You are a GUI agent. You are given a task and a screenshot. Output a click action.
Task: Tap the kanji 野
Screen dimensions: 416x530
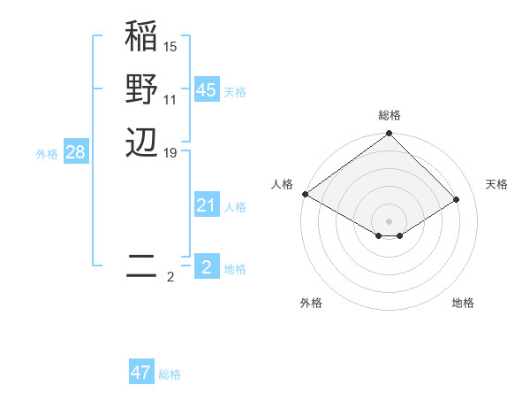coord(141,89)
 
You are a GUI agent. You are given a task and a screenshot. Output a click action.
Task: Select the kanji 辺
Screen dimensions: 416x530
coord(141,142)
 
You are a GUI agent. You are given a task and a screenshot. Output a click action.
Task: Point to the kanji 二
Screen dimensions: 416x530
coord(141,266)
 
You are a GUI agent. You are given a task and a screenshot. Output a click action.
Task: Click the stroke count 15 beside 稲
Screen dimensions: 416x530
coord(170,46)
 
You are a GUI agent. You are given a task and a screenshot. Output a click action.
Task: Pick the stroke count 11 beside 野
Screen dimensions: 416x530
coord(170,99)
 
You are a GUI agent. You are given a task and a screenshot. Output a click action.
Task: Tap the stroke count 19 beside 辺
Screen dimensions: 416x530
coord(170,151)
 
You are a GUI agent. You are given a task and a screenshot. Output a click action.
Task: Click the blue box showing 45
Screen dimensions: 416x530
coord(206,90)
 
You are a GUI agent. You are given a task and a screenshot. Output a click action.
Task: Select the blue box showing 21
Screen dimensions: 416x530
coord(206,205)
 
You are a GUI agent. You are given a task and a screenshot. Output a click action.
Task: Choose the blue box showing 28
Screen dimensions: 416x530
coord(75,152)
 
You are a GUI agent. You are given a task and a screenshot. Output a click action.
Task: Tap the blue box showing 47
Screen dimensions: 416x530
coord(140,373)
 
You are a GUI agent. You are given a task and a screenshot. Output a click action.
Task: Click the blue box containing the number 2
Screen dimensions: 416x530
coord(206,267)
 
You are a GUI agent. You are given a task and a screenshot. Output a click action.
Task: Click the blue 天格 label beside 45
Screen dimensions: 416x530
coord(235,92)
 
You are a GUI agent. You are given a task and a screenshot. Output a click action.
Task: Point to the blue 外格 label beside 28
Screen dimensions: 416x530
coord(47,154)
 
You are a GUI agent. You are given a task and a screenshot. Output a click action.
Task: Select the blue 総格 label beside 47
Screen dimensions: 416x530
coord(170,374)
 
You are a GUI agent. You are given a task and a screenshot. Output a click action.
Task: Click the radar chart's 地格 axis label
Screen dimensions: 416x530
coord(463,304)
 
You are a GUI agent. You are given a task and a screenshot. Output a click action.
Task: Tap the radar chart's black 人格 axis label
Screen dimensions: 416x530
coord(282,184)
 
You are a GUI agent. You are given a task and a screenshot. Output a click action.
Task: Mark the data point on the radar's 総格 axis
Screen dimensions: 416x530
coord(389,135)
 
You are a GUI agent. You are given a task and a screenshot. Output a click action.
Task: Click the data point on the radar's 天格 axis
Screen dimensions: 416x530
coord(457,200)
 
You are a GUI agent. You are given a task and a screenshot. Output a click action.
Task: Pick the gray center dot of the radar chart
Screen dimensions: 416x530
coord(389,221)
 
